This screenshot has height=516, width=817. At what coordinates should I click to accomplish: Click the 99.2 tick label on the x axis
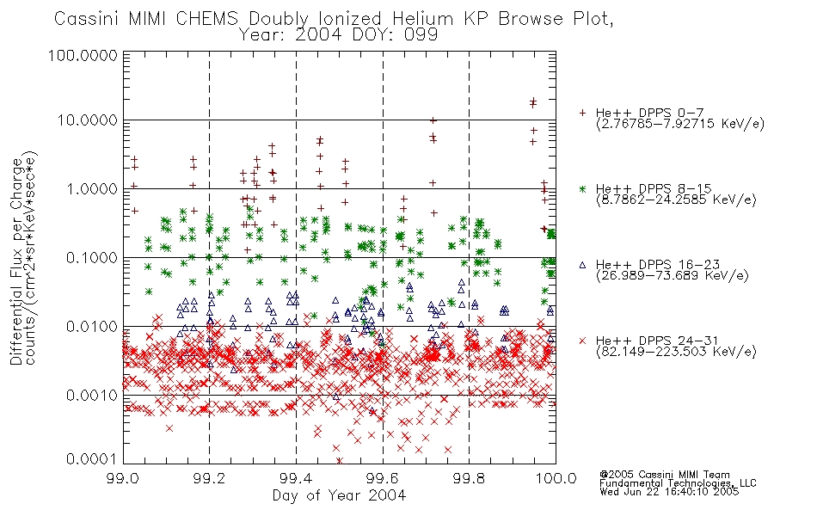(209, 478)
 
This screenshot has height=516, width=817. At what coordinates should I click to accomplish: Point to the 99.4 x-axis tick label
(296, 478)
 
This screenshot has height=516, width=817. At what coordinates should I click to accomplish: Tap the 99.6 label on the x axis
(383, 478)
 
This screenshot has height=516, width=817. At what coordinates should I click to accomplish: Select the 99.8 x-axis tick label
(469, 478)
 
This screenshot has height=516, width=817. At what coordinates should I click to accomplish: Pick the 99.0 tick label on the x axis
(122, 478)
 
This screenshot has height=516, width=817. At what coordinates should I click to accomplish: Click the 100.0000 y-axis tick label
(83, 55)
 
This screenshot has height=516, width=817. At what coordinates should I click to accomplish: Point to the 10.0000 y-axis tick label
(87, 120)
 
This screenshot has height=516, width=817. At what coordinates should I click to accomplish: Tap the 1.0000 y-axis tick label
(92, 188)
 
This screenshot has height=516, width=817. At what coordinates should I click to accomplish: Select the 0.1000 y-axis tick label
(92, 257)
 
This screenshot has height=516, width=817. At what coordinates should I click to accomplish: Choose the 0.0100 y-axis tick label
(92, 326)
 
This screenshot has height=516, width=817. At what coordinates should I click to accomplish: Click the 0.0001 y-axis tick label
(92, 458)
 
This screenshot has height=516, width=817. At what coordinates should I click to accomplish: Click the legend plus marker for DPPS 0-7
(582, 113)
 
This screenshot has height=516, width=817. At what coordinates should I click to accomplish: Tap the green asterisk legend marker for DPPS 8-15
(582, 188)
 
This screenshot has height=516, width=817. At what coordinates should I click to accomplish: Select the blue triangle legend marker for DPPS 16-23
(582, 265)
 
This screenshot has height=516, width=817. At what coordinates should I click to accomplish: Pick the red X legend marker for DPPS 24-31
(582, 341)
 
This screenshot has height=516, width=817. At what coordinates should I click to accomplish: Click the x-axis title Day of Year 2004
(339, 495)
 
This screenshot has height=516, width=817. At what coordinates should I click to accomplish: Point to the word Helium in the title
(422, 19)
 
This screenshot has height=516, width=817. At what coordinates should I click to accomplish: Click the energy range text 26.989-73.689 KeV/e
(673, 275)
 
